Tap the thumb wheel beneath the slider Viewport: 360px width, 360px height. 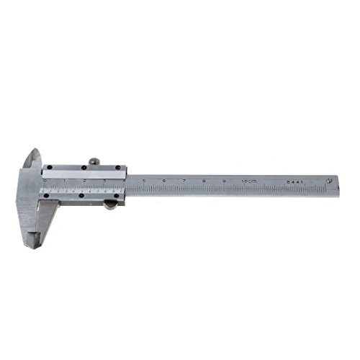(x=109, y=205)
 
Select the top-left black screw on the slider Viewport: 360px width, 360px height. (x=47, y=171)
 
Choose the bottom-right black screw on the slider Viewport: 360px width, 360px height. (x=119, y=197)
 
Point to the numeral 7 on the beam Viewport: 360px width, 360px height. (x=185, y=181)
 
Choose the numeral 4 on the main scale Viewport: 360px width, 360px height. (x=125, y=180)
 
